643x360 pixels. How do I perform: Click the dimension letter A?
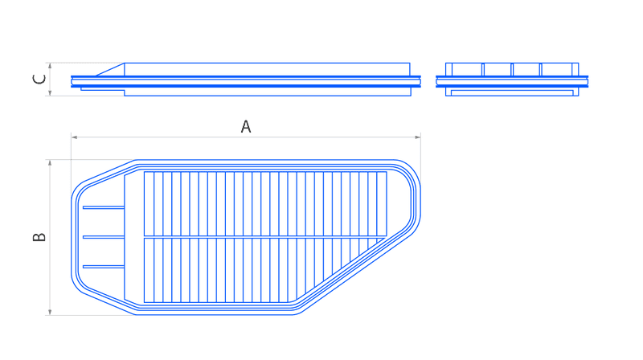point(246,127)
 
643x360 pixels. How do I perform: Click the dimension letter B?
point(39,237)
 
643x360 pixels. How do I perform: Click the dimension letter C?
point(39,79)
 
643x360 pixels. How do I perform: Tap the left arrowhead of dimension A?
point(74,137)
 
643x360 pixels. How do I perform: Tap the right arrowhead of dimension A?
point(417,137)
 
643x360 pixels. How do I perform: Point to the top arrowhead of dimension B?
point(50,163)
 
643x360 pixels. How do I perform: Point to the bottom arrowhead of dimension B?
point(50,312)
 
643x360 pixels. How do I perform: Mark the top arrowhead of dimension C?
point(50,66)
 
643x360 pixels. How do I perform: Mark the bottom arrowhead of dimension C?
point(50,93)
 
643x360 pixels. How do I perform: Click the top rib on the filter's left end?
point(104,207)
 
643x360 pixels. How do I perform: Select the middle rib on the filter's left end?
point(104,237)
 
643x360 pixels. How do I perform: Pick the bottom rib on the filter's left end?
point(104,267)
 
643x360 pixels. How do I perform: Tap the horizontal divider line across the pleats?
point(265,237)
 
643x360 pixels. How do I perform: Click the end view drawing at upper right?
point(512,80)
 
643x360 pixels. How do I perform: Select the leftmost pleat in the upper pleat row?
point(149,204)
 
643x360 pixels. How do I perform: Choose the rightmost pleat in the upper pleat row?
point(382,204)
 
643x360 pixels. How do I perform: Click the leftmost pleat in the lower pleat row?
point(149,270)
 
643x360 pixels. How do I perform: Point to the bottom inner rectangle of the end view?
point(512,92)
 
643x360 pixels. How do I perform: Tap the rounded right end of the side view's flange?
point(419,82)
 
